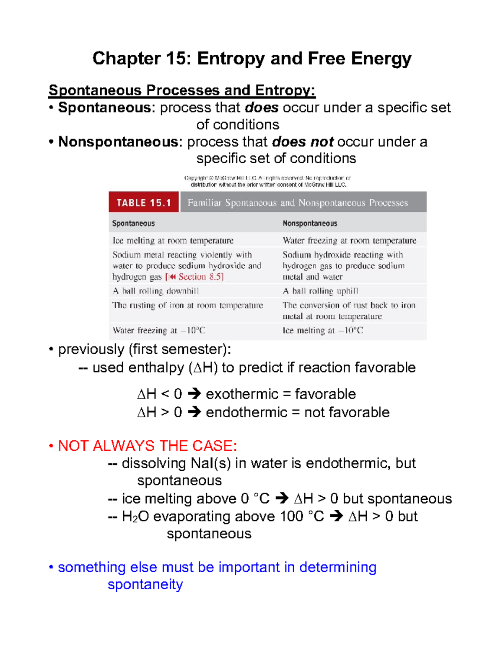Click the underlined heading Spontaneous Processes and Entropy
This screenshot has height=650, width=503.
pos(181,90)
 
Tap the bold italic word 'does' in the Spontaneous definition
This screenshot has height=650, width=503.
pos(262,108)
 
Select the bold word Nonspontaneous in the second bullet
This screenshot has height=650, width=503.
pos(118,142)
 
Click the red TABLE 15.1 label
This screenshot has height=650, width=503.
pos(144,203)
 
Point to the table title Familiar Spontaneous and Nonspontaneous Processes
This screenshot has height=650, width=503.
pos(298,203)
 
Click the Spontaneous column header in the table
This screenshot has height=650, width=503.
pos(133,224)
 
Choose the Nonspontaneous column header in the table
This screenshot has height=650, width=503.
pos(310,224)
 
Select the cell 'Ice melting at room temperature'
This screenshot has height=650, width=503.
pos(173,241)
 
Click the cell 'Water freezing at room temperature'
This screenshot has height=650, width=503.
pos(349,241)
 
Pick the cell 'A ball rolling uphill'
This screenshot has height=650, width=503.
pos(320,291)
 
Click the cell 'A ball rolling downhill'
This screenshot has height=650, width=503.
pos(156,291)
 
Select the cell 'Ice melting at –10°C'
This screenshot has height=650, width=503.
pos(323,331)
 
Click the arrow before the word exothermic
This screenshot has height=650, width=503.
pos(194,394)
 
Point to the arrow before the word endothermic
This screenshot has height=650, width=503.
pos(194,412)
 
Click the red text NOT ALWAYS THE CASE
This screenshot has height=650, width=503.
pos(147,446)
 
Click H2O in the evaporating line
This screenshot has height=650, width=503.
pos(135,516)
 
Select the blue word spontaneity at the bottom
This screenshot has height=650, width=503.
pos(145,584)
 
